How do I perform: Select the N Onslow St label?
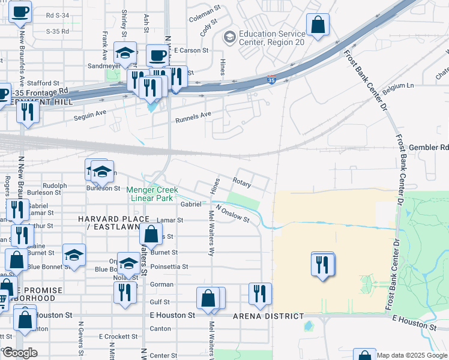234,214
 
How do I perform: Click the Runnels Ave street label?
193,117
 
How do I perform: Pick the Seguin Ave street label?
89,116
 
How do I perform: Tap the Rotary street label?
242,181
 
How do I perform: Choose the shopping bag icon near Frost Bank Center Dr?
318,25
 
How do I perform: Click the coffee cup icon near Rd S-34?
20,11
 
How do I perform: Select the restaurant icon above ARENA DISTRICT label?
260,293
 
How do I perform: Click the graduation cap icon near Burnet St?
74,254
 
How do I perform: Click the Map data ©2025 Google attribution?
412,355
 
